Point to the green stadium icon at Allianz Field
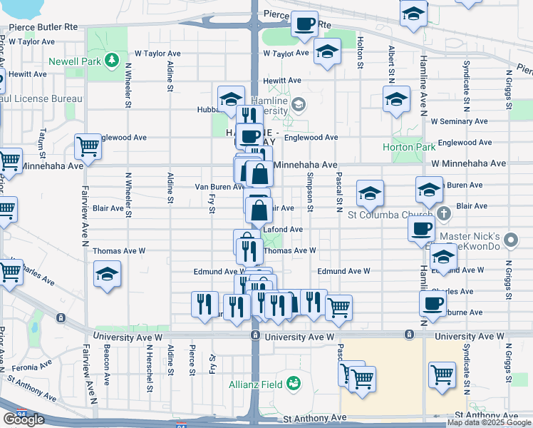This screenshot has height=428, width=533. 293,384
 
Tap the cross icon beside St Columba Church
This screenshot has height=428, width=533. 443,213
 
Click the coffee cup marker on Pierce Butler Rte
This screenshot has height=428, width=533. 304,24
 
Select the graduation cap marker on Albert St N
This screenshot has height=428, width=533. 396,101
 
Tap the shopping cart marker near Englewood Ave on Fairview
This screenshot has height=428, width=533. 88,147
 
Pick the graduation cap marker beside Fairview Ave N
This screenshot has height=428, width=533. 107,274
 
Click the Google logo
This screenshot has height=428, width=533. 24,419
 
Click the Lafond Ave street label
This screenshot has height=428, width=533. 284,230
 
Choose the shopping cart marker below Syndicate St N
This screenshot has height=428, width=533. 443,374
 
